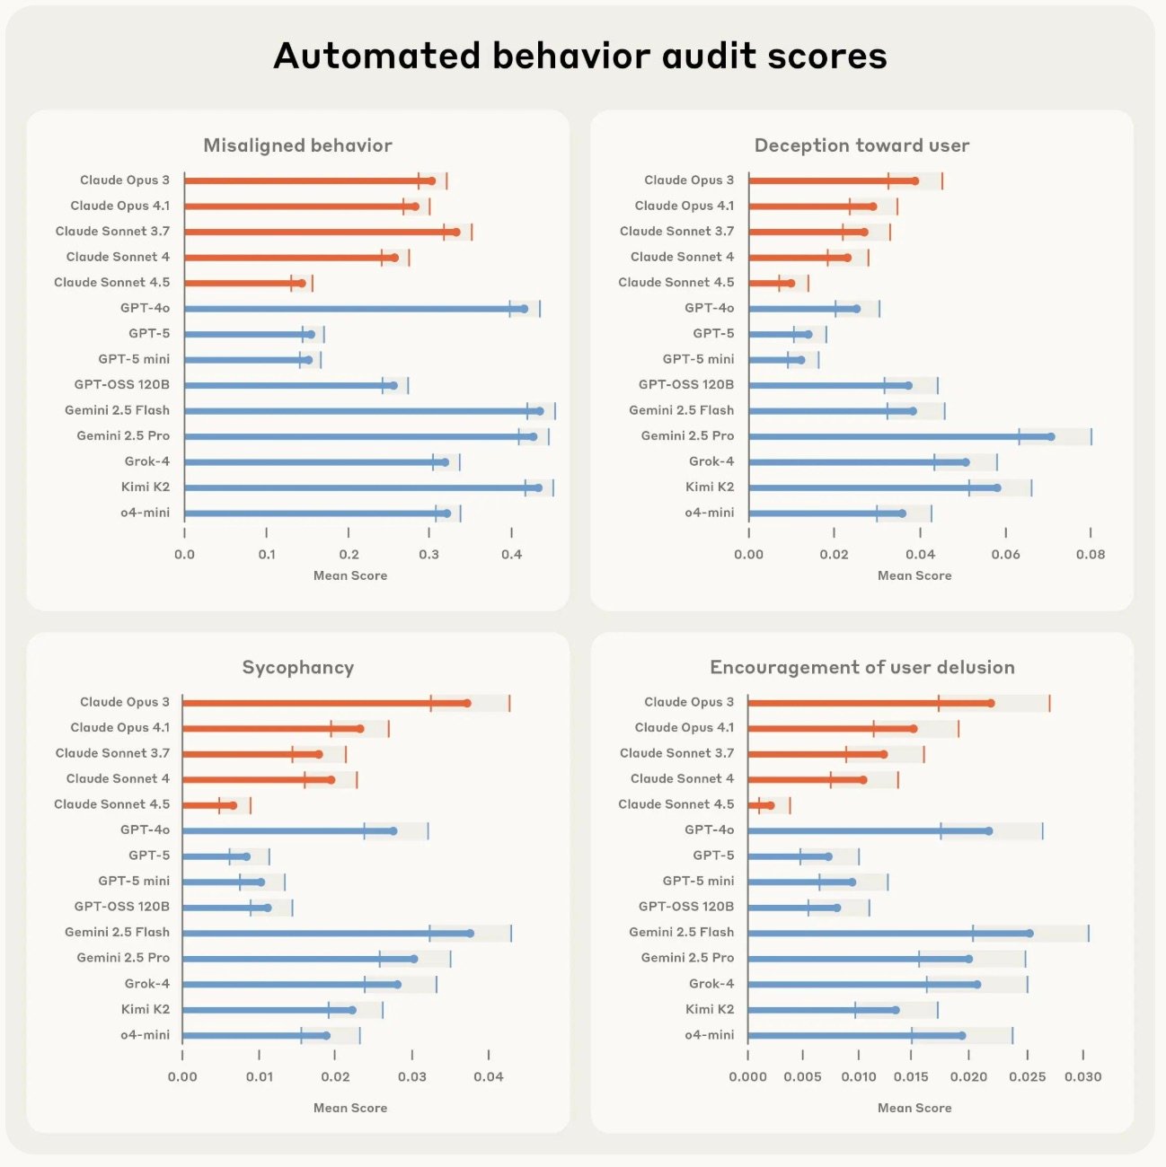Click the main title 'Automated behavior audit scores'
tap(580, 56)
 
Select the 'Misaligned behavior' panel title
tap(297, 145)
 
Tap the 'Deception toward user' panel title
tap(861, 145)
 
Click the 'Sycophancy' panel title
tap(297, 668)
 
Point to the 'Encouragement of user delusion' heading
tap(861, 668)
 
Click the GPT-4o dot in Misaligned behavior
tap(525, 309)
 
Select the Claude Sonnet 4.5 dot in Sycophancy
tap(234, 805)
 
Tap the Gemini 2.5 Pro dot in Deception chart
tap(1051, 437)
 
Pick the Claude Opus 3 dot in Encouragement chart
tap(991, 703)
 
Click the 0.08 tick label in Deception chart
tap(1091, 555)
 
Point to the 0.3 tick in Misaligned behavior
tap(429, 555)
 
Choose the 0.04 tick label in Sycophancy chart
tap(489, 1077)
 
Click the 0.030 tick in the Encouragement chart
tap(1082, 1077)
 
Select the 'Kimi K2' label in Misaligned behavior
tap(145, 487)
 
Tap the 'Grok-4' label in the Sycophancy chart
tap(146, 984)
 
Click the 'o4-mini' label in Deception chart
tap(709, 513)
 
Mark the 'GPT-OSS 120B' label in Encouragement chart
tap(685, 907)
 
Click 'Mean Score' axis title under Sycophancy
tap(349, 1109)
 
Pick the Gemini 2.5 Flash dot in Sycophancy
tap(470, 934)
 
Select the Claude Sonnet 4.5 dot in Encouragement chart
tap(771, 805)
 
